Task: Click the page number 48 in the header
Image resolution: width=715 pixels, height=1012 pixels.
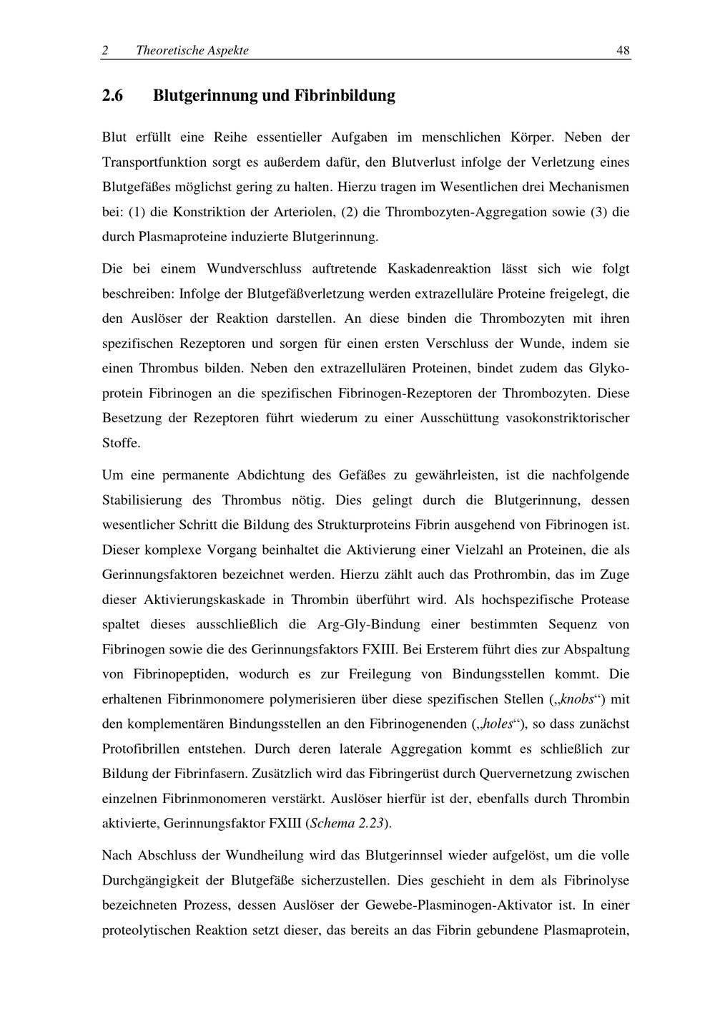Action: pyautogui.click(x=623, y=50)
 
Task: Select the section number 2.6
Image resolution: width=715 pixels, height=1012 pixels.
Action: pyautogui.click(x=113, y=95)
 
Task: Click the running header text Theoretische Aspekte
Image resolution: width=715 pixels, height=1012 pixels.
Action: pyautogui.click(x=192, y=50)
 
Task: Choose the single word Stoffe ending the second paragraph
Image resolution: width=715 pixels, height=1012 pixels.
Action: pyautogui.click(x=122, y=443)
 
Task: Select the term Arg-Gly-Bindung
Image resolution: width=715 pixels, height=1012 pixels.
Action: pyautogui.click(x=368, y=624)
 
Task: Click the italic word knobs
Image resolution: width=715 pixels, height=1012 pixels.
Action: pyautogui.click(x=578, y=699)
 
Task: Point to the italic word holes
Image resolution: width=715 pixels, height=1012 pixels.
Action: pyautogui.click(x=498, y=724)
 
